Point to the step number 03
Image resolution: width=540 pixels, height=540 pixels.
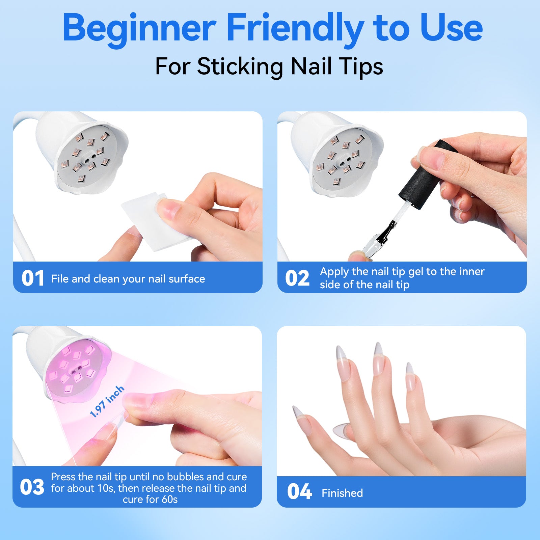click(32, 487)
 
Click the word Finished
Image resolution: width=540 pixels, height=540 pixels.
click(342, 493)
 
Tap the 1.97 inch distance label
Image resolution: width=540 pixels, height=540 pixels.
click(107, 402)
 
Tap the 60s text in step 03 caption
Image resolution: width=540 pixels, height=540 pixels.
click(169, 499)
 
